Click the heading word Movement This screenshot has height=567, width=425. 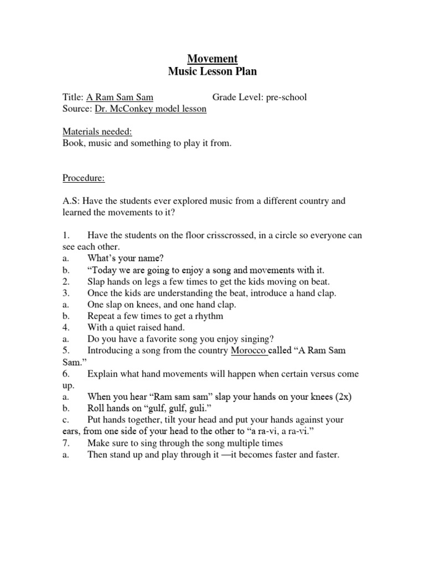pyautogui.click(x=212, y=58)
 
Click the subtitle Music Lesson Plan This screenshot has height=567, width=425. pyautogui.click(x=212, y=72)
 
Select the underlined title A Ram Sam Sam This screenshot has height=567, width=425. pyautogui.click(x=120, y=97)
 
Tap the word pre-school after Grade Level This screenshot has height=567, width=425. pyautogui.click(x=286, y=97)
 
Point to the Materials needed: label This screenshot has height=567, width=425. pyautogui.click(x=97, y=132)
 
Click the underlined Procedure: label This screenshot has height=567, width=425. pyautogui.click(x=83, y=179)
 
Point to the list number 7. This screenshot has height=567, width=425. pyautogui.click(x=65, y=444)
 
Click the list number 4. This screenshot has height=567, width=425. pyautogui.click(x=65, y=328)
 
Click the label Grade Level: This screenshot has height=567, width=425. pyautogui.click(x=237, y=97)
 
